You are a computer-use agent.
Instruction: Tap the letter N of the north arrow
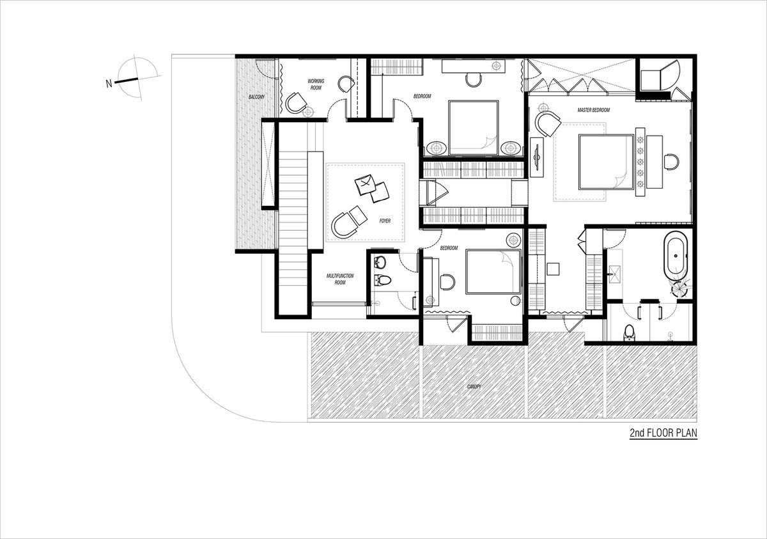click(x=109, y=83)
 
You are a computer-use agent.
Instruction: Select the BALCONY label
click(x=256, y=97)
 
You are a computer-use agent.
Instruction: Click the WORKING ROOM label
click(x=316, y=84)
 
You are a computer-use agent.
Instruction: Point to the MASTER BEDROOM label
click(x=593, y=110)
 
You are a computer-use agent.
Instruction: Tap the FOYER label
click(x=385, y=221)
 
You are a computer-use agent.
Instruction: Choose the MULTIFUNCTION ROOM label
click(x=340, y=279)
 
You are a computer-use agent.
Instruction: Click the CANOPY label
click(x=474, y=386)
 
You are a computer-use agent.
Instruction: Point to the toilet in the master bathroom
click(x=628, y=332)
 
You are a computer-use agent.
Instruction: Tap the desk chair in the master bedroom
click(x=670, y=162)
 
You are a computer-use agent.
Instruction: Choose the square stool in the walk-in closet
click(x=553, y=269)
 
